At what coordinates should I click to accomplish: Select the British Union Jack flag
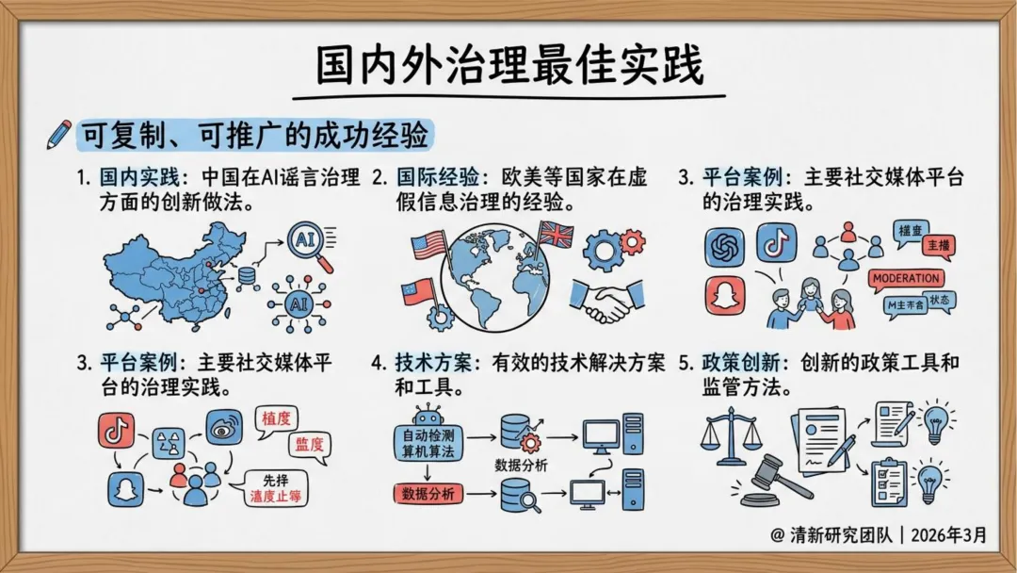[556, 232]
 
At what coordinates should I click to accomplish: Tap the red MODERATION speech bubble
[906, 278]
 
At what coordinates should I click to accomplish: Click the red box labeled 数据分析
[428, 493]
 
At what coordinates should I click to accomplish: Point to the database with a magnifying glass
[519, 493]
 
